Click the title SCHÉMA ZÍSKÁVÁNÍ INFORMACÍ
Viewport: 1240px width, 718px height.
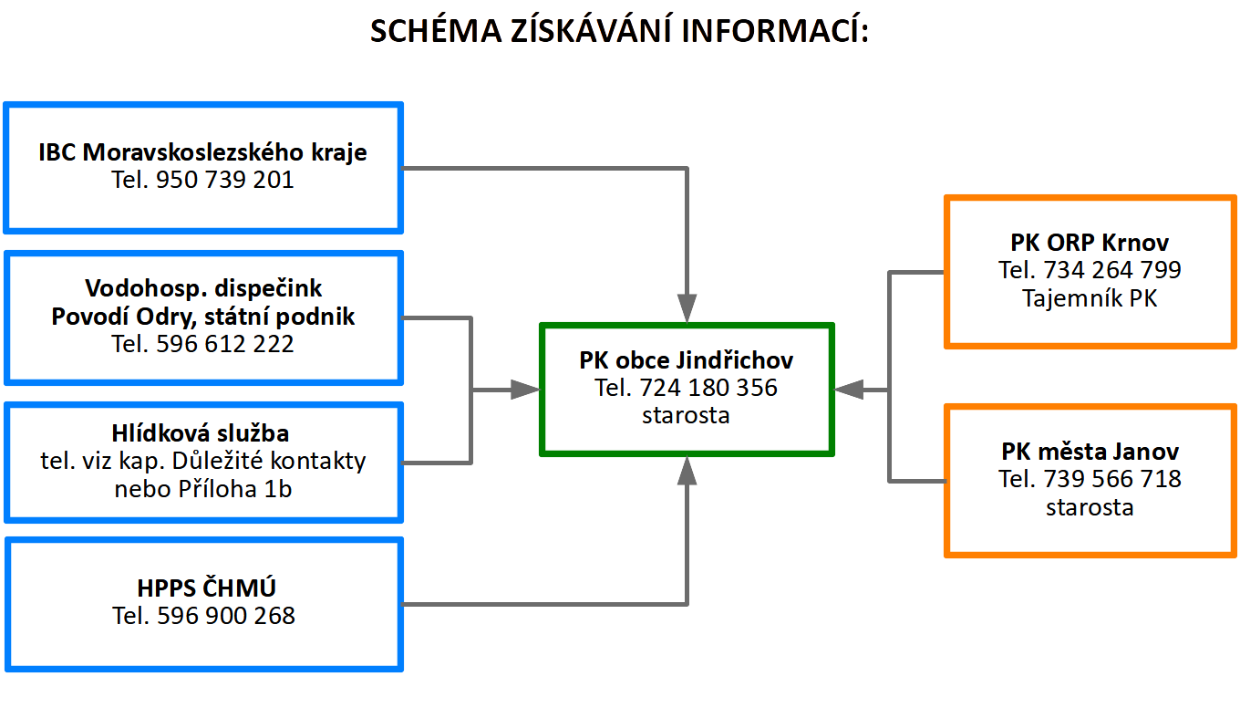tap(619, 32)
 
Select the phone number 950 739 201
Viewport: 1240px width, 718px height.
tap(225, 181)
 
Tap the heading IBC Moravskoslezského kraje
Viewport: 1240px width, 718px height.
tap(202, 152)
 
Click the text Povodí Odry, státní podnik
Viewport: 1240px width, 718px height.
tap(202, 317)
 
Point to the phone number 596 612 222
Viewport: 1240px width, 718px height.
tap(225, 344)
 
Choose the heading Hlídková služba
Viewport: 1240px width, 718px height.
tap(202, 433)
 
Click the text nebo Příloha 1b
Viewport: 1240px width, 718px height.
tap(202, 488)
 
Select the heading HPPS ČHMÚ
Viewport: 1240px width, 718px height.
tap(202, 588)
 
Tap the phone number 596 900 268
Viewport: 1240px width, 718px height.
tap(226, 616)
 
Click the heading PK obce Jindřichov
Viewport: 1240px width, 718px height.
tap(686, 360)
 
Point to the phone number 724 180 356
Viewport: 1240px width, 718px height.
tap(708, 388)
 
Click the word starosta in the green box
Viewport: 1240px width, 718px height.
tap(686, 415)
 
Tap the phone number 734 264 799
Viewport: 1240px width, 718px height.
tap(1112, 270)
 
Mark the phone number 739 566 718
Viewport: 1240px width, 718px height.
tap(1112, 479)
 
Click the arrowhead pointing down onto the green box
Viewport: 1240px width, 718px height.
tap(687, 307)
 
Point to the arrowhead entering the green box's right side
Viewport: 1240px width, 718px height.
tap(849, 390)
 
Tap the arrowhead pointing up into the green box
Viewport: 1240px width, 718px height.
tap(687, 471)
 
